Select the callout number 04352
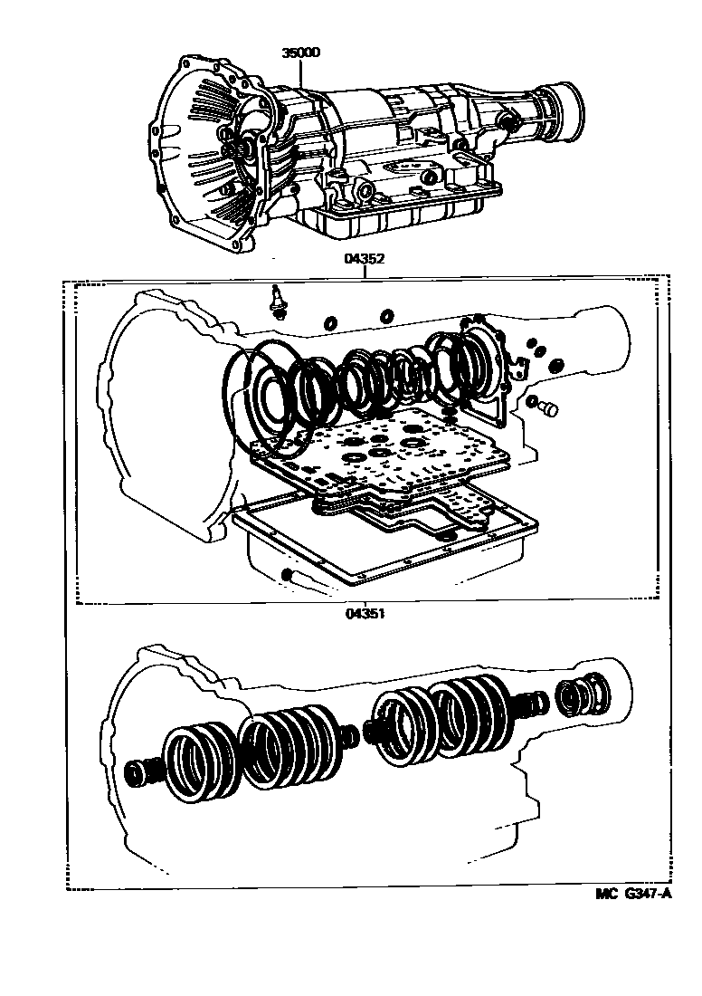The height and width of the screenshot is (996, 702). [x=365, y=258]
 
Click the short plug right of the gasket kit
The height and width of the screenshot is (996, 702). [x=545, y=408]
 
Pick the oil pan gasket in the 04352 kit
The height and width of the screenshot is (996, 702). [x=380, y=543]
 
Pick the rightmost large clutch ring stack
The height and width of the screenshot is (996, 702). [x=470, y=715]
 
